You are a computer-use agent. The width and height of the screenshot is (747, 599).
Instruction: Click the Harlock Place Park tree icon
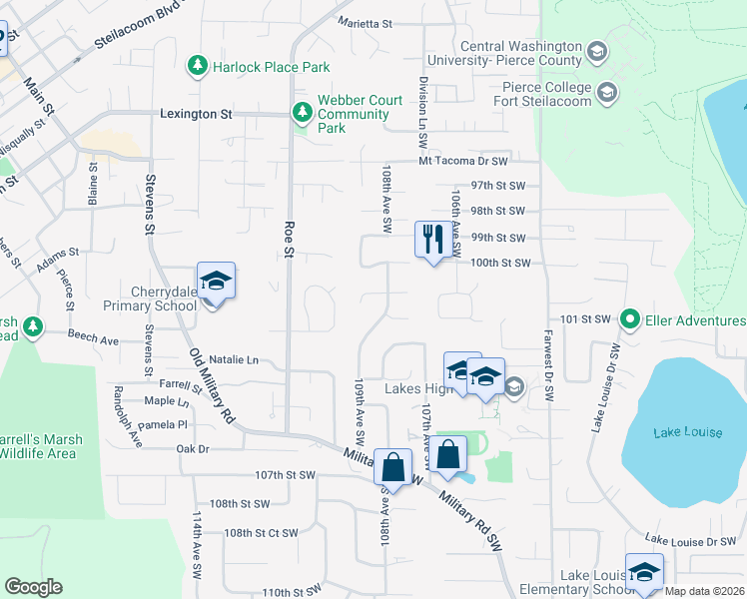[198, 67]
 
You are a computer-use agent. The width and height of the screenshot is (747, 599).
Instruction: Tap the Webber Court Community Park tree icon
[301, 113]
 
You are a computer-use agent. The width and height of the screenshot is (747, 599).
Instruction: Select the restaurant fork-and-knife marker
[432, 240]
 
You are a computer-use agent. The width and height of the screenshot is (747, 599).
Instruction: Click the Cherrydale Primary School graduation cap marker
[215, 282]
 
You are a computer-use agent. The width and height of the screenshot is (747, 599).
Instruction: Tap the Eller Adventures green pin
[630, 320]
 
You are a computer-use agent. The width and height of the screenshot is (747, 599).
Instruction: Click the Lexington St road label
[196, 114]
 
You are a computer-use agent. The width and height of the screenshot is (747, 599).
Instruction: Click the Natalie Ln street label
[233, 359]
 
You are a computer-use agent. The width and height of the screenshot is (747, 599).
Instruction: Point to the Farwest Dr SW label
[548, 366]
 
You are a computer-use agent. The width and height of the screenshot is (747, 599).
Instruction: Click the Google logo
[33, 587]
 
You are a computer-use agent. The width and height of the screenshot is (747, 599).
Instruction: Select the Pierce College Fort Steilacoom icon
[605, 95]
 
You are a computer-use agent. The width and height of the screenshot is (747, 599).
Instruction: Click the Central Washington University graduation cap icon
[596, 50]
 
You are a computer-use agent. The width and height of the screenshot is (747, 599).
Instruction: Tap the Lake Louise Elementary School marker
[644, 572]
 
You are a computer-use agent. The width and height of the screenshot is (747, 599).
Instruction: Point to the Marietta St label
[366, 22]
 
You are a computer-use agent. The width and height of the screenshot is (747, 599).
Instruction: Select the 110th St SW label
[290, 592]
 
